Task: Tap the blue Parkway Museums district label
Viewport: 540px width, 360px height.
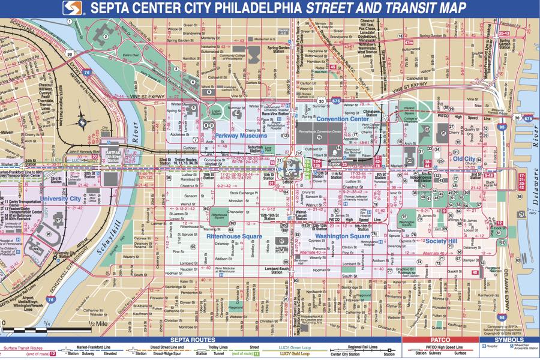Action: (x=242, y=136)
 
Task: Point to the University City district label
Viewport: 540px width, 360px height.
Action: (x=60, y=197)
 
